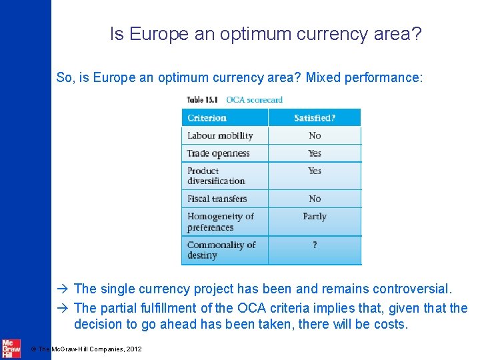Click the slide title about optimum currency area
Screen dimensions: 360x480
click(x=265, y=34)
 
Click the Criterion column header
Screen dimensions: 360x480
click(x=207, y=118)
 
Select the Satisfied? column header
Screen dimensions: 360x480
click(x=315, y=118)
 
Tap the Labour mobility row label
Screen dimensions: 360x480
click(x=220, y=135)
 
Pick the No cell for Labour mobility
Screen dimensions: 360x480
click(x=315, y=135)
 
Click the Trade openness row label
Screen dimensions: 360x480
click(x=219, y=153)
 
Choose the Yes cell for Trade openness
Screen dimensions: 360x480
click(x=315, y=153)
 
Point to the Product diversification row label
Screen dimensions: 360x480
click(x=216, y=175)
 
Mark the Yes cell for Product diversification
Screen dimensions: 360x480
click(x=315, y=171)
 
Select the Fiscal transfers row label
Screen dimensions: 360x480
click(x=217, y=199)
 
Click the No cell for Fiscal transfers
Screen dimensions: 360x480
click(x=315, y=199)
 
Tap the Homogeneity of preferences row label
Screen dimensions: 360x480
click(x=220, y=221)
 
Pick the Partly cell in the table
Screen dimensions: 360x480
click(x=315, y=217)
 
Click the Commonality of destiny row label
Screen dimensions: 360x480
click(x=221, y=250)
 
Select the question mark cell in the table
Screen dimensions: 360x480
click(x=315, y=245)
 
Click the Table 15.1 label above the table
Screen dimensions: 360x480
click(x=203, y=100)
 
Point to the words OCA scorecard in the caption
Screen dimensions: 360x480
click(x=254, y=100)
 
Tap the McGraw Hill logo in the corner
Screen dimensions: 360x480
click(x=11, y=348)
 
